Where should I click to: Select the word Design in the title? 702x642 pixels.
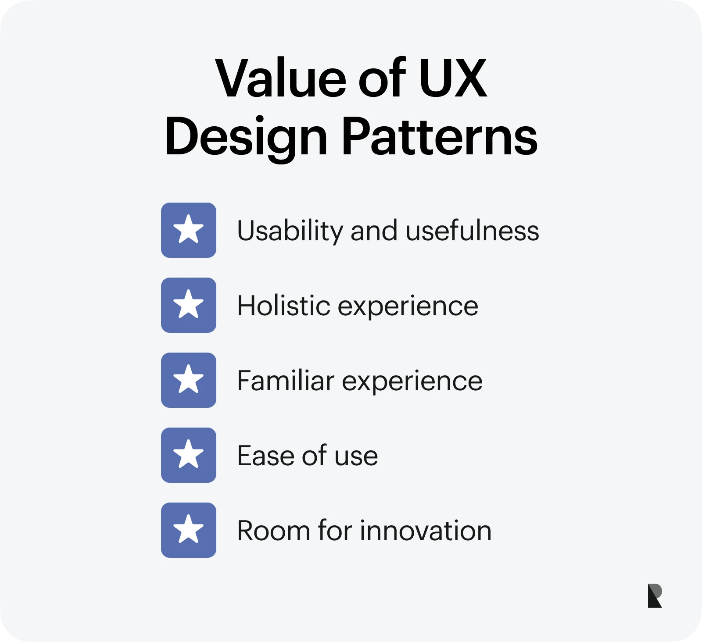pos(246,137)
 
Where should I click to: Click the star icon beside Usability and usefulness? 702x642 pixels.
pos(189,230)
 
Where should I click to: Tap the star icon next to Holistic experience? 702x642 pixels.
pos(189,305)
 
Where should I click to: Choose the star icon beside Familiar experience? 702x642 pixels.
pos(189,380)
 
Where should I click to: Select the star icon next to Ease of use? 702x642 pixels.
pos(189,455)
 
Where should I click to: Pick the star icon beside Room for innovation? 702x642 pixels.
pos(189,530)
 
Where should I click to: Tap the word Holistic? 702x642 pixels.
pos(283,306)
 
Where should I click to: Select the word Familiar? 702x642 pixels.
pos(286,381)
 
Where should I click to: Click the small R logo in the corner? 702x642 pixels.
pos(655,596)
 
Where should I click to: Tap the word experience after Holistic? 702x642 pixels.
pos(408,307)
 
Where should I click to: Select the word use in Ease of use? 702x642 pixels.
pos(356,457)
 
